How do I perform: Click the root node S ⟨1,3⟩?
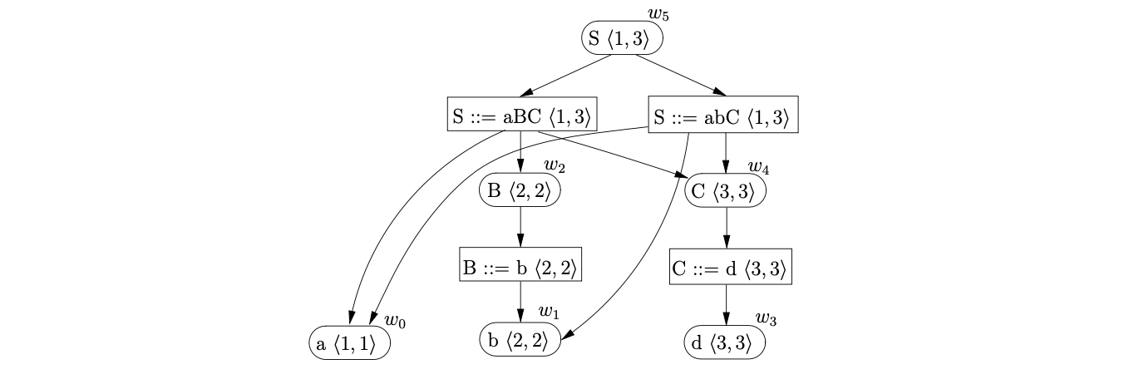(622, 38)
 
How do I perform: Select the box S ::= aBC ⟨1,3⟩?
(521, 116)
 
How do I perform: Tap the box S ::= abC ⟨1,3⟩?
(722, 116)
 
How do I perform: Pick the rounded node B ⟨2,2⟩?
(520, 191)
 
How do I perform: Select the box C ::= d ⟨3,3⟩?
(727, 268)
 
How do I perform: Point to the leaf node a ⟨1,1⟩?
(348, 344)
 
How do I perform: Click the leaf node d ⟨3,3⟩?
(724, 342)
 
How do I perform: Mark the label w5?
(658, 13)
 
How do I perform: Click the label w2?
(555, 167)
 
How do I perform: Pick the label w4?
(757, 168)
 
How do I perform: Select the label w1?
(549, 313)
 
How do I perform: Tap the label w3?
(765, 318)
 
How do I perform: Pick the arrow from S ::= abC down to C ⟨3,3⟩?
(727, 153)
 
